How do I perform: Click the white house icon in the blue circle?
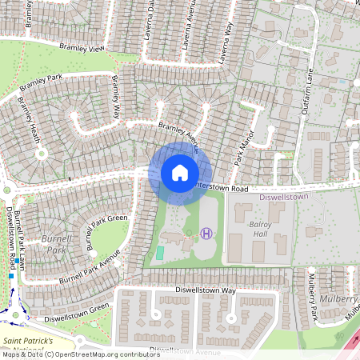[x=180, y=172]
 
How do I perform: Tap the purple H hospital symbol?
[x=206, y=234]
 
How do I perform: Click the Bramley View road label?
[x=86, y=49]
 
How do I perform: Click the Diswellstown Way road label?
[x=206, y=290]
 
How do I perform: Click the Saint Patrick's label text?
[x=29, y=340]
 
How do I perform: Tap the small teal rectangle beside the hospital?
[x=159, y=253]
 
